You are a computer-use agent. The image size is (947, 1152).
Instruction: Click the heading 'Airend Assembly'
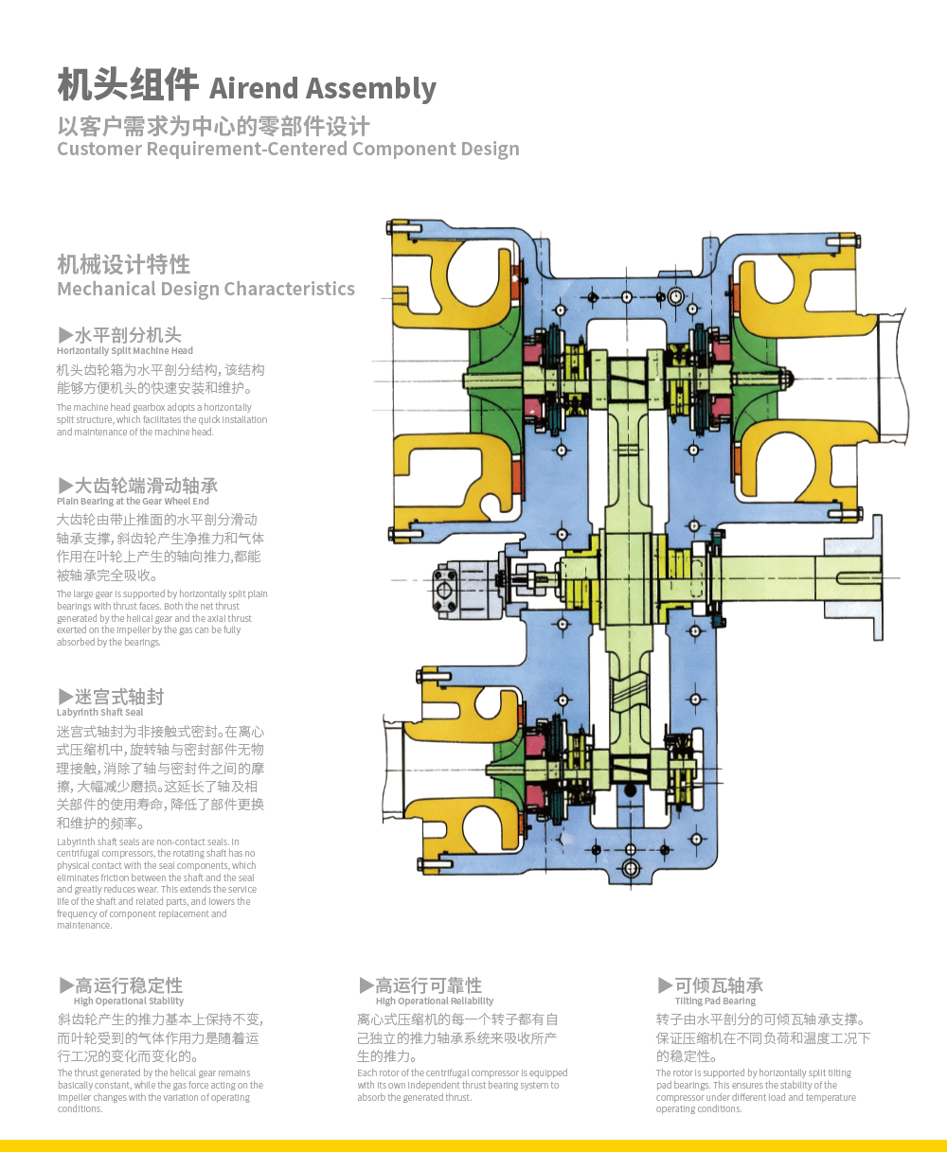(x=322, y=88)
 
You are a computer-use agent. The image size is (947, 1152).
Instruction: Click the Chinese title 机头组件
(x=128, y=85)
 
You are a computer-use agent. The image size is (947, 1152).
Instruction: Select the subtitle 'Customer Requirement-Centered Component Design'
(x=288, y=149)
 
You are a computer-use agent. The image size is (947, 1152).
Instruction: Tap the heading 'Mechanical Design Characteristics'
(x=205, y=289)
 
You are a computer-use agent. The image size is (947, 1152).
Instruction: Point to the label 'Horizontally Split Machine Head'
(x=124, y=351)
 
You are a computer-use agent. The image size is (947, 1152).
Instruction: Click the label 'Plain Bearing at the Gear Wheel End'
(x=133, y=502)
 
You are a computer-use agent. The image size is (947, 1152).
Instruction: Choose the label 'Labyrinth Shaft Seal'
(x=99, y=713)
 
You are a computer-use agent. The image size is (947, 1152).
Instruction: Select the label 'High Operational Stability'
(x=128, y=1001)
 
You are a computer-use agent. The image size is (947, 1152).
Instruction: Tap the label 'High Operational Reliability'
(x=434, y=1001)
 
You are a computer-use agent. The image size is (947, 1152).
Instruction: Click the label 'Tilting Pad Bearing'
(x=715, y=1001)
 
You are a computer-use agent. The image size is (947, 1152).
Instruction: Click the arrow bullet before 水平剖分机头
(x=65, y=334)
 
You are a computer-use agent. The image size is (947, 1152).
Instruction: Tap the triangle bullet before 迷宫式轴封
(x=65, y=697)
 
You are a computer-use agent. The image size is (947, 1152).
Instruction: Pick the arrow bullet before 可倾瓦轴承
(x=666, y=985)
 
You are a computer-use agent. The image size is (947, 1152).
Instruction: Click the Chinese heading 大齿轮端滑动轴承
(x=146, y=486)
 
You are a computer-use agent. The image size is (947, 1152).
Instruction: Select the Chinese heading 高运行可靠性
(x=428, y=985)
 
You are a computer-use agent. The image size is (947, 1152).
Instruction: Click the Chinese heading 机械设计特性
(x=123, y=264)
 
